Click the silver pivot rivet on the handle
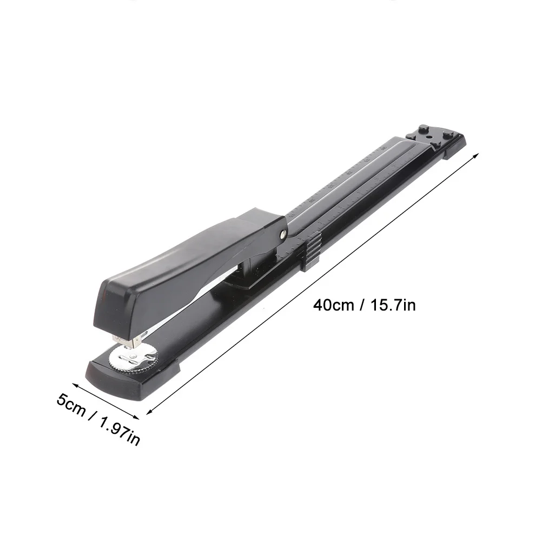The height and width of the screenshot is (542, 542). (x=283, y=233)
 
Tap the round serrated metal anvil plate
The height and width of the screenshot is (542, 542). (x=133, y=358)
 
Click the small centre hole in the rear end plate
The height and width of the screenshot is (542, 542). (x=431, y=138)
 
